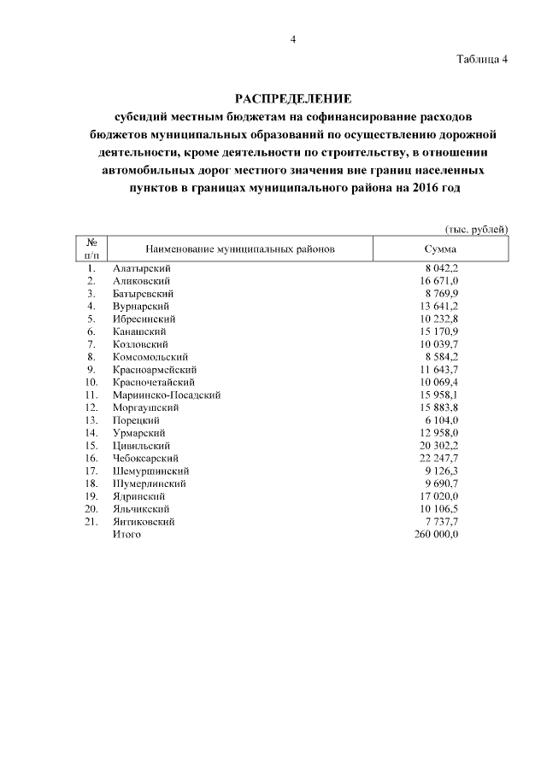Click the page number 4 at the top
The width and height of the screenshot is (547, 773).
pos(292,39)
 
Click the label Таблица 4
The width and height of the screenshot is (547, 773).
pos(482,59)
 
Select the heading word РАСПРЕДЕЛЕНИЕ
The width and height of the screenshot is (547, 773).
pos(292,99)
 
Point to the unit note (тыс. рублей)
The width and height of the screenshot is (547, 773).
pos(476,229)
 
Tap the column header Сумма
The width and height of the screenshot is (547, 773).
pos(440,249)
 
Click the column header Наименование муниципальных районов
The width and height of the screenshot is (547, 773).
pos(240,249)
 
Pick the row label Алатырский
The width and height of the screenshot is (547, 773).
pos(141,268)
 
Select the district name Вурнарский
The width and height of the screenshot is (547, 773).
pos(141,306)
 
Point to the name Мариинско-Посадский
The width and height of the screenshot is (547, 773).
pos(167,395)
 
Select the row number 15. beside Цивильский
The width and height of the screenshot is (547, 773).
pos(91,446)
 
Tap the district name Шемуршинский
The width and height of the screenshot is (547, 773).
pos(150,471)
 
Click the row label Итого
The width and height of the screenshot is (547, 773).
pos(126,535)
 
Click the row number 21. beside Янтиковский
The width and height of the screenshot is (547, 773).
pos(91,522)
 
